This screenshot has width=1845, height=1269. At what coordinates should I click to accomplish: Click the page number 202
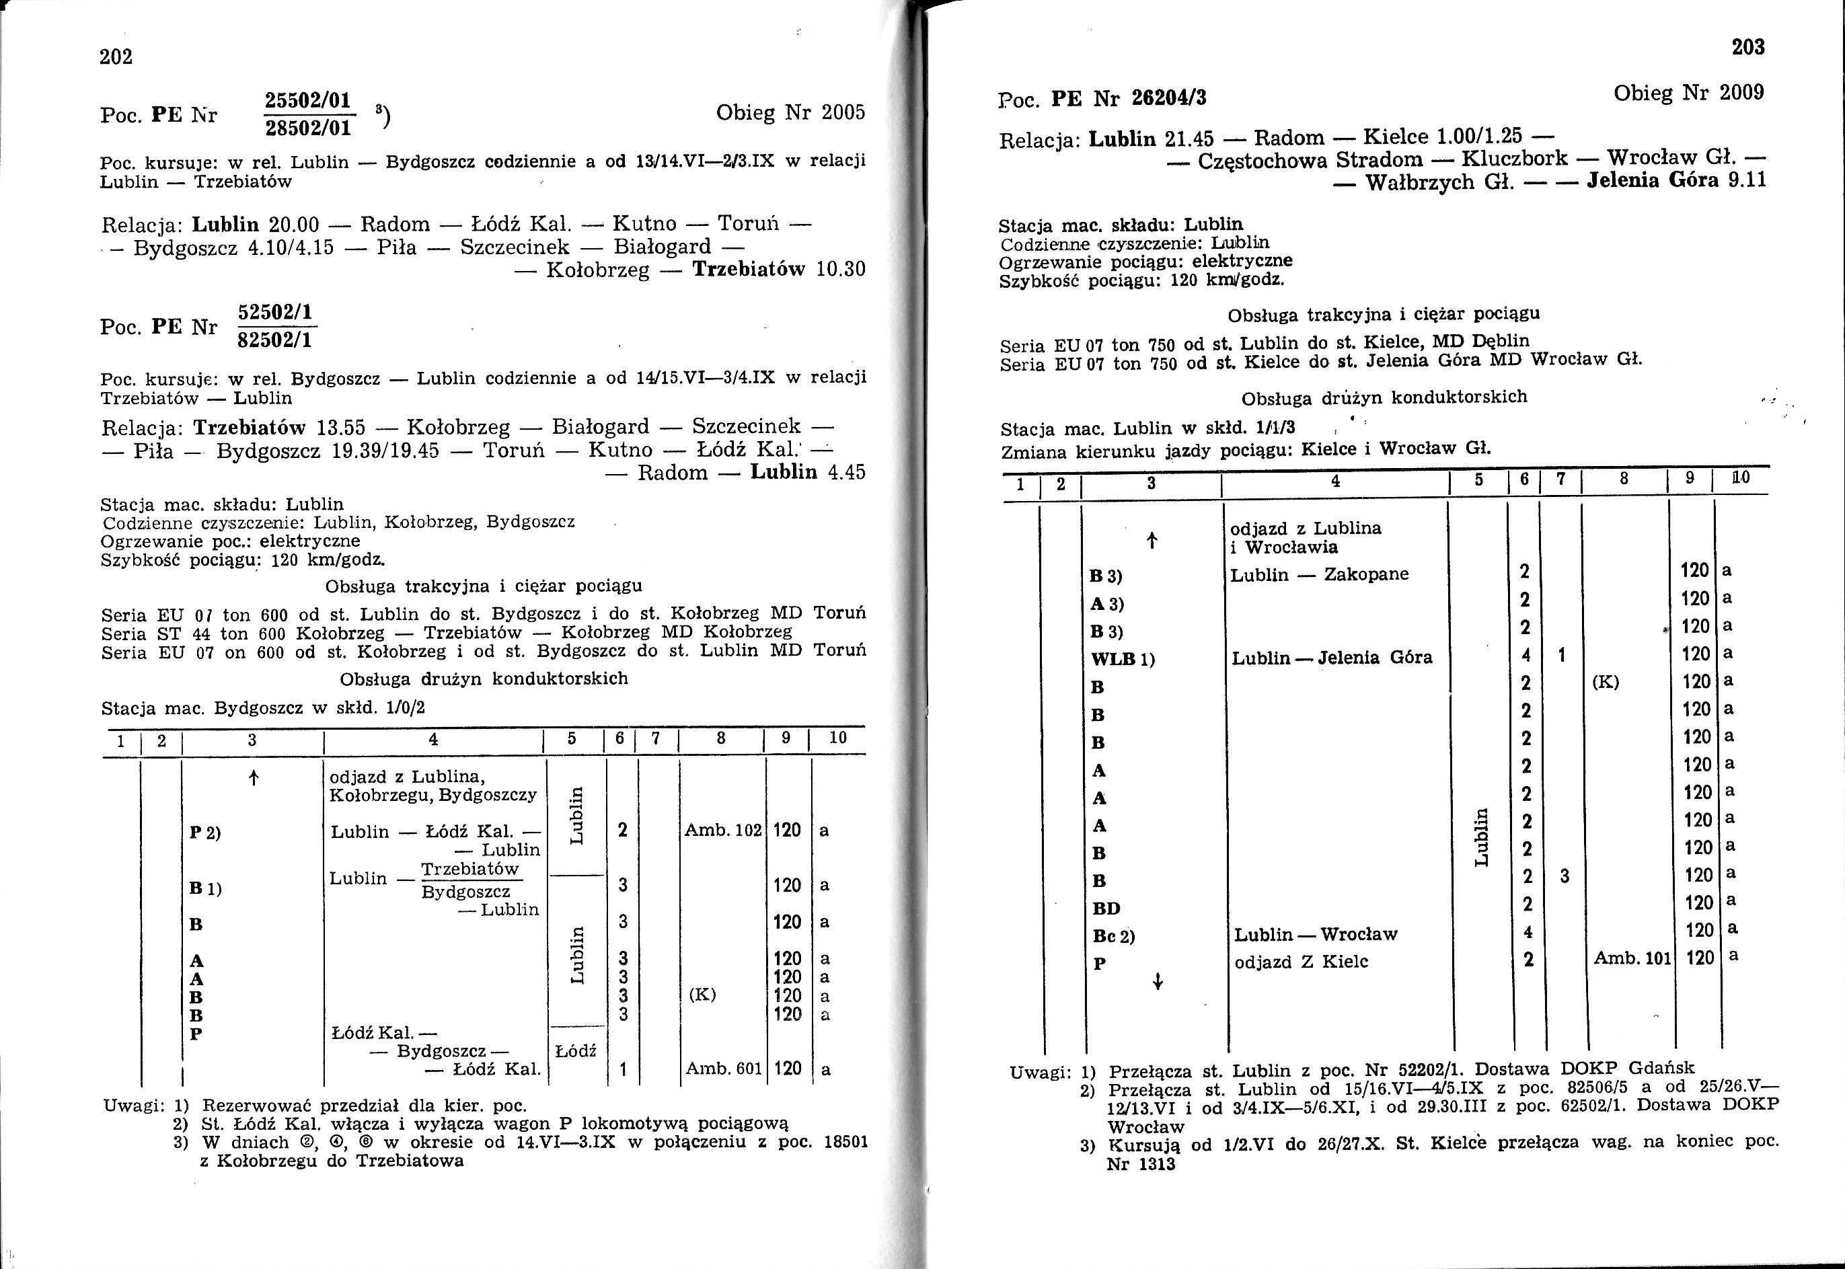[116, 57]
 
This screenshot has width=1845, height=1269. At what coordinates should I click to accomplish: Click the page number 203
[1747, 48]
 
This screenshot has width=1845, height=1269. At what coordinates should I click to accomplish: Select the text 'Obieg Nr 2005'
[790, 113]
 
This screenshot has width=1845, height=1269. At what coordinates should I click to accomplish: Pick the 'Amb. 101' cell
[1632, 960]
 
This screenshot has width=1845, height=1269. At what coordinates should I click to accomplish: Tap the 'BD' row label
[1106, 908]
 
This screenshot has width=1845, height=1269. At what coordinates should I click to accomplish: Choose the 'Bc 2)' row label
[1113, 936]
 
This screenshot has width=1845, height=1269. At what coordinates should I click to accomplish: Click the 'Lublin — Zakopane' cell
[1318, 575]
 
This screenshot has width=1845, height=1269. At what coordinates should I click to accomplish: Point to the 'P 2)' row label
[205, 833]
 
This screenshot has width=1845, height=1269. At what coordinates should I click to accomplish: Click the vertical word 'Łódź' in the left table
[575, 1051]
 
